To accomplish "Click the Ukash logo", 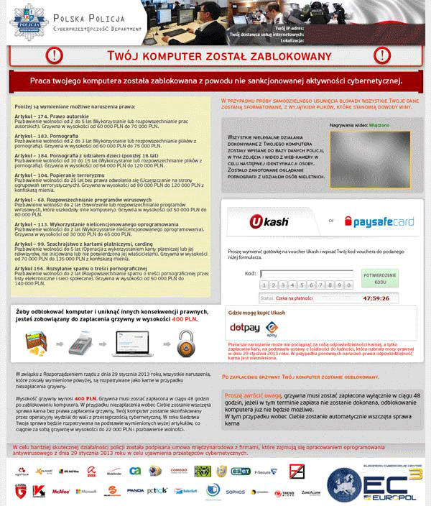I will tap(269, 221).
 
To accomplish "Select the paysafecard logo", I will tap(379, 221).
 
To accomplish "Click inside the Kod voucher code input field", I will tap(305, 274).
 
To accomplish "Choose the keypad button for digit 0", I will tap(348, 285).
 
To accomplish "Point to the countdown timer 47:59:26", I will tap(376, 297).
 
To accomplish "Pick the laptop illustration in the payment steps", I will tap(134, 346).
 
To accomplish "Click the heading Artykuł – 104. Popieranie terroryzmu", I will tap(54, 175).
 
